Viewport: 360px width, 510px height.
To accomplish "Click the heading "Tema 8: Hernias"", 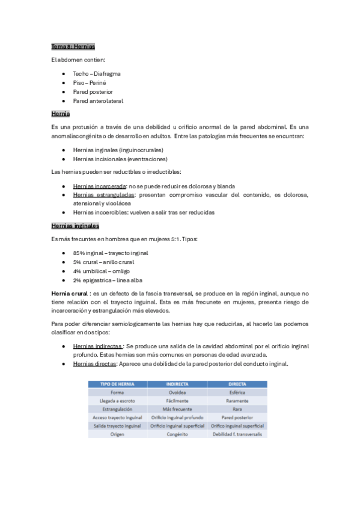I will (x=73, y=46).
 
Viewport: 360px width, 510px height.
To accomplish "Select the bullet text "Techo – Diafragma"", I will (x=97, y=73).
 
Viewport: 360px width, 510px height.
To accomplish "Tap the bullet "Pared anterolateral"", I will (x=98, y=101).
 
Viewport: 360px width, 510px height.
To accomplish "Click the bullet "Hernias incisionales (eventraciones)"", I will (x=120, y=159).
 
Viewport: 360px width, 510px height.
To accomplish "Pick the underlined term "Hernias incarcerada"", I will (x=99, y=186).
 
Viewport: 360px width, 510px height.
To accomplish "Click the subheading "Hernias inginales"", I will (x=75, y=226).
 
